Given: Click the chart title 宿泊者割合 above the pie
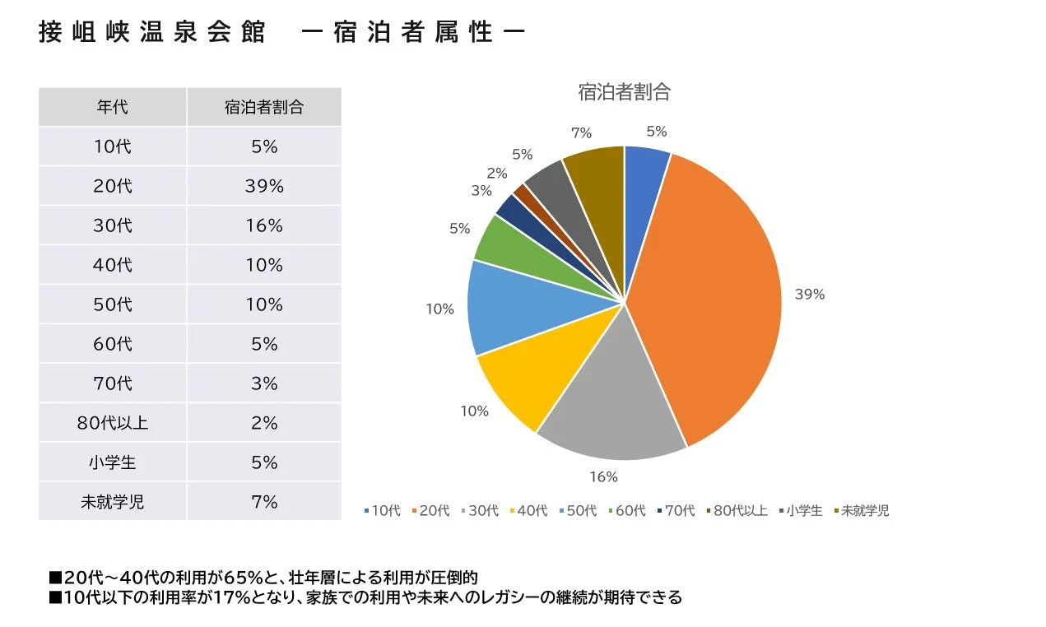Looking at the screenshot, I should pyautogui.click(x=624, y=92).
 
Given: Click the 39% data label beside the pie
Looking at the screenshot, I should pyautogui.click(x=810, y=294).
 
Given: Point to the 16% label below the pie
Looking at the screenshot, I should pyautogui.click(x=603, y=476).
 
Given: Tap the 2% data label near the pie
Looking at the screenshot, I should pyautogui.click(x=497, y=173).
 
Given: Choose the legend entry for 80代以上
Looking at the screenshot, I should pyautogui.click(x=737, y=511).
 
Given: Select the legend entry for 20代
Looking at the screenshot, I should pyautogui.click(x=430, y=511).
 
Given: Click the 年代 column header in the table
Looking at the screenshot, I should pyautogui.click(x=113, y=107).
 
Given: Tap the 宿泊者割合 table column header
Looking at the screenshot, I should pyautogui.click(x=264, y=107).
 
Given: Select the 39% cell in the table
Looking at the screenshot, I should pyautogui.click(x=264, y=186).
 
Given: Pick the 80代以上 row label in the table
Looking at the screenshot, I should pyautogui.click(x=113, y=423).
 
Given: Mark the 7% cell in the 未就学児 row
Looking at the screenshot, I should pyautogui.click(x=264, y=502).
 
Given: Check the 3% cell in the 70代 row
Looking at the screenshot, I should pyautogui.click(x=264, y=383).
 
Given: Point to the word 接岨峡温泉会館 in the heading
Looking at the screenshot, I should pyautogui.click(x=152, y=33).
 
